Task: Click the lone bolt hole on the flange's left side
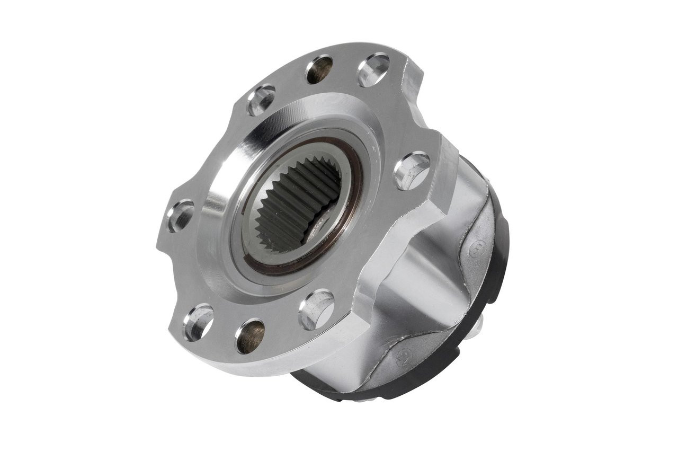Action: pos(180,215)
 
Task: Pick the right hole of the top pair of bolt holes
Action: pos(374,69)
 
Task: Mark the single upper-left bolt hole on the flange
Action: pos(262,99)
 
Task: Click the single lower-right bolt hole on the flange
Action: pos(316,309)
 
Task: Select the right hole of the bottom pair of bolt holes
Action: pos(249,335)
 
